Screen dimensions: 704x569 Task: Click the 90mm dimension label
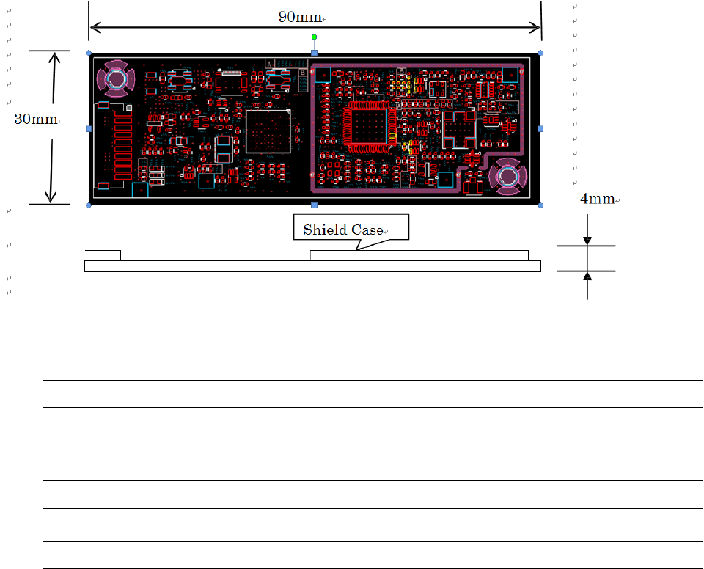coord(299,17)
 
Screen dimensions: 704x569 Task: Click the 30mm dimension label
coord(35,119)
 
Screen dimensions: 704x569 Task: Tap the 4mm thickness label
coord(597,198)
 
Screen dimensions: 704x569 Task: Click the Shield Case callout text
coord(343,230)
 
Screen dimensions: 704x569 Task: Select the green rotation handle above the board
coord(315,37)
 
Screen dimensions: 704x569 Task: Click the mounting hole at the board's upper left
coord(116,78)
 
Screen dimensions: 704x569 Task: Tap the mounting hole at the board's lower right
coord(507,177)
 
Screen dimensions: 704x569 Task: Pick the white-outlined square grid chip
coord(268,131)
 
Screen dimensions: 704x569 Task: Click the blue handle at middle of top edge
coord(315,53)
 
